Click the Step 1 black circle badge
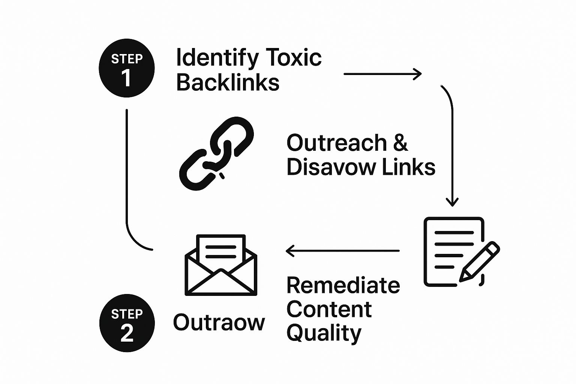click(x=127, y=68)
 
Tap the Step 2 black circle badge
click(x=127, y=323)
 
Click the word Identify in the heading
click(x=217, y=58)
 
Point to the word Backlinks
click(x=228, y=82)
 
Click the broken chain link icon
click(x=217, y=153)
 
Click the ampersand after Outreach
click(x=400, y=143)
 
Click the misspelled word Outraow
click(x=219, y=322)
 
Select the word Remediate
click(x=343, y=285)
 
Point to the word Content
click(x=329, y=309)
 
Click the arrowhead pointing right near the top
click(x=418, y=74)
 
